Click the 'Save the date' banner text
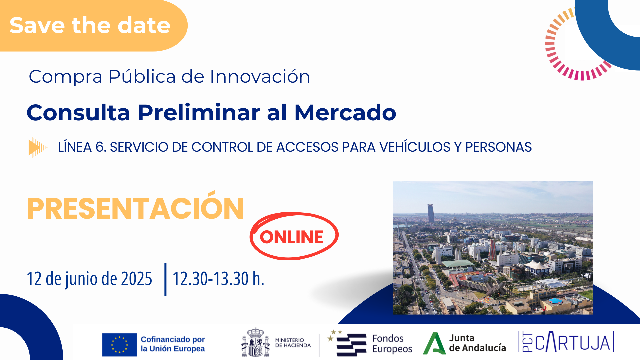(x=90, y=25)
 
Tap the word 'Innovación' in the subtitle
(x=260, y=76)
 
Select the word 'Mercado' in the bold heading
(x=345, y=112)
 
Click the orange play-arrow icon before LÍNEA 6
(x=38, y=147)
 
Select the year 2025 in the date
(x=137, y=279)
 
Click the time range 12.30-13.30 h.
(x=218, y=279)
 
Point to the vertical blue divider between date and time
(x=165, y=279)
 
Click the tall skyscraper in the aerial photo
(x=431, y=213)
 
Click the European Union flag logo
(x=119, y=345)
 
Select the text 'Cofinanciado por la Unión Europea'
(x=173, y=344)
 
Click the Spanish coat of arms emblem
(x=255, y=342)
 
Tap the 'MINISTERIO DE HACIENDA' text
(x=293, y=343)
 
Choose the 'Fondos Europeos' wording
(x=392, y=344)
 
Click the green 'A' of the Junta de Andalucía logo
(x=434, y=343)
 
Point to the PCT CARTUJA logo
(x=566, y=342)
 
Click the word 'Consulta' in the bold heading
(x=78, y=112)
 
